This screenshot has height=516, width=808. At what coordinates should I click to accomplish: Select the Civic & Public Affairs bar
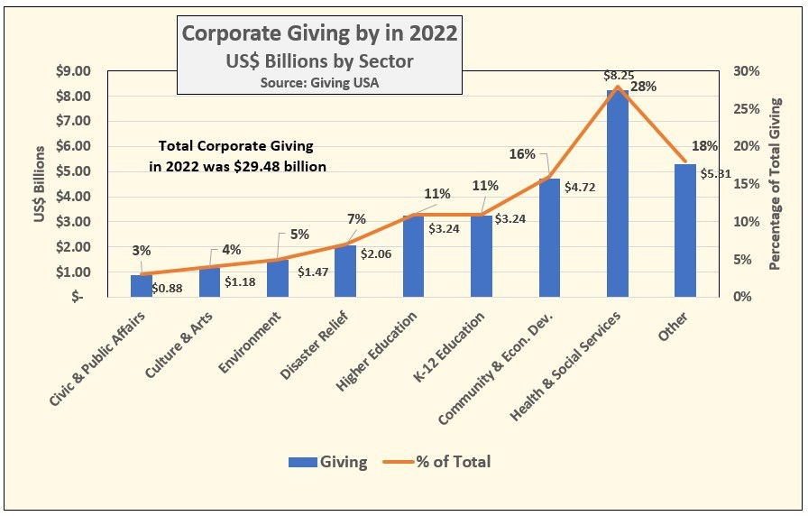(x=142, y=286)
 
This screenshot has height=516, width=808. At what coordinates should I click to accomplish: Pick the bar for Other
(x=685, y=230)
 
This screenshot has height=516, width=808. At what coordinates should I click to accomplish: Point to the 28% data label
(x=643, y=88)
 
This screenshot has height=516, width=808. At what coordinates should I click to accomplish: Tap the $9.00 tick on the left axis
(x=74, y=71)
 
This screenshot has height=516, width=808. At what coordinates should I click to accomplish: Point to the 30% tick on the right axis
(x=748, y=71)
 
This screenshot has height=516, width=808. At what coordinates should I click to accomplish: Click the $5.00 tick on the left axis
(x=74, y=171)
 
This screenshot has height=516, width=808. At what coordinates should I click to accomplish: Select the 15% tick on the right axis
(x=748, y=184)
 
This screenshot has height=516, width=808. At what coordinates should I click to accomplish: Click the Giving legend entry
(x=328, y=461)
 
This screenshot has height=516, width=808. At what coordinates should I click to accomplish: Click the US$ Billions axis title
(x=41, y=183)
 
